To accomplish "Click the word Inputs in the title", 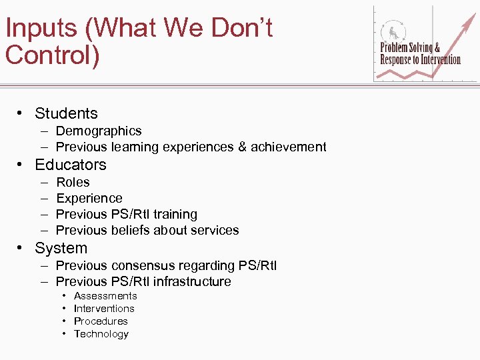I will click(41, 29).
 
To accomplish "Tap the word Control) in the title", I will click(52, 55).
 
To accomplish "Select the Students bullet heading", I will click(66, 113).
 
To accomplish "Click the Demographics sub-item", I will click(99, 131).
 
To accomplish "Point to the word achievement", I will click(289, 147).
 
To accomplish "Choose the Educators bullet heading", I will click(71, 165).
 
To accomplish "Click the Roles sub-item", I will click(73, 182).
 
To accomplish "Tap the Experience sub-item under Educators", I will click(89, 198).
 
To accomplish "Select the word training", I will click(175, 214).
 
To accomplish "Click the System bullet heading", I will click(61, 248).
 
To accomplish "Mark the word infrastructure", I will click(191, 281).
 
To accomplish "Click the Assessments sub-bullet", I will click(105, 295).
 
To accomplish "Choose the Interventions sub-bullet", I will click(104, 308).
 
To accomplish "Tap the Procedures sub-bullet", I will click(101, 321).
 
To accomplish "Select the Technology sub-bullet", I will click(101, 333).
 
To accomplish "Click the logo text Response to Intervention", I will click(420, 59).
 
